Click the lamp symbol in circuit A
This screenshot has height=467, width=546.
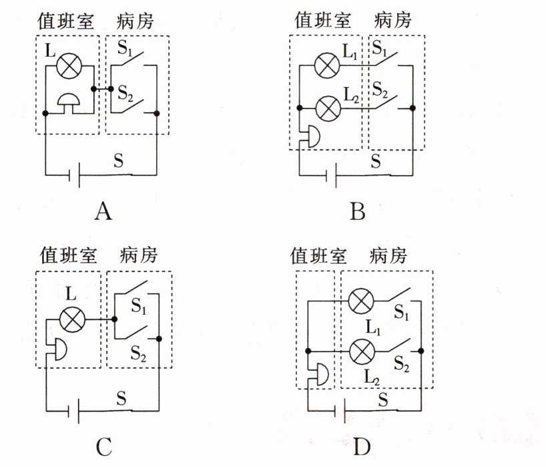(69, 66)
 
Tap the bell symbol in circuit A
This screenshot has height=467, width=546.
(69, 103)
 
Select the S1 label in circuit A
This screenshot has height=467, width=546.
(125, 48)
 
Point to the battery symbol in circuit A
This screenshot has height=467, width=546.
(75, 175)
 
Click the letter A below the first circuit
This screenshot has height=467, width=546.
(103, 211)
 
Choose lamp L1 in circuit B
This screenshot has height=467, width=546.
(326, 65)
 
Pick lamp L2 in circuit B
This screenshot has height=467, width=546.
(328, 108)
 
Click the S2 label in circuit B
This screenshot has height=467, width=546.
(380, 90)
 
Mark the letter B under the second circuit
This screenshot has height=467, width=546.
(358, 211)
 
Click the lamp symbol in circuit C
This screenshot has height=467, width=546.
(73, 319)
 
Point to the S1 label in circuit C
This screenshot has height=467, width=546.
(138, 307)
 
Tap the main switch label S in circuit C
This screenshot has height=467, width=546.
(121, 398)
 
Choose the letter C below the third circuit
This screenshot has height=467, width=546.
(103, 446)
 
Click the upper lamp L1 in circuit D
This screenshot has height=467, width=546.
(361, 301)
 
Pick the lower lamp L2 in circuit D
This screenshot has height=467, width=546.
(362, 351)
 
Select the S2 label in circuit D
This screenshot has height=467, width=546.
(402, 363)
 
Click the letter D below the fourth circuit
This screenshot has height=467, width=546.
(362, 446)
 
